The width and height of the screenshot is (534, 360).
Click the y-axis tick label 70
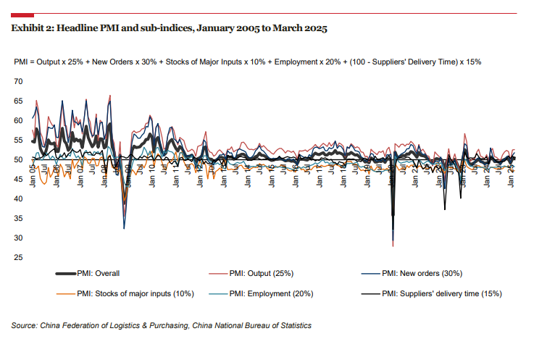[19, 81]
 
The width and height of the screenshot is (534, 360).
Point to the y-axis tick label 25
[19, 257]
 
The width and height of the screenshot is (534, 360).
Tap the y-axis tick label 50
[19, 159]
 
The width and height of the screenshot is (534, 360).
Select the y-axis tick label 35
[19, 218]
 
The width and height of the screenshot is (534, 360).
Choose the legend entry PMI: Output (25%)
[261, 274]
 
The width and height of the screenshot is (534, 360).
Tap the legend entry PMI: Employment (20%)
[270, 293]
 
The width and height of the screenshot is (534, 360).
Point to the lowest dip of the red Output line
[393, 246]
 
